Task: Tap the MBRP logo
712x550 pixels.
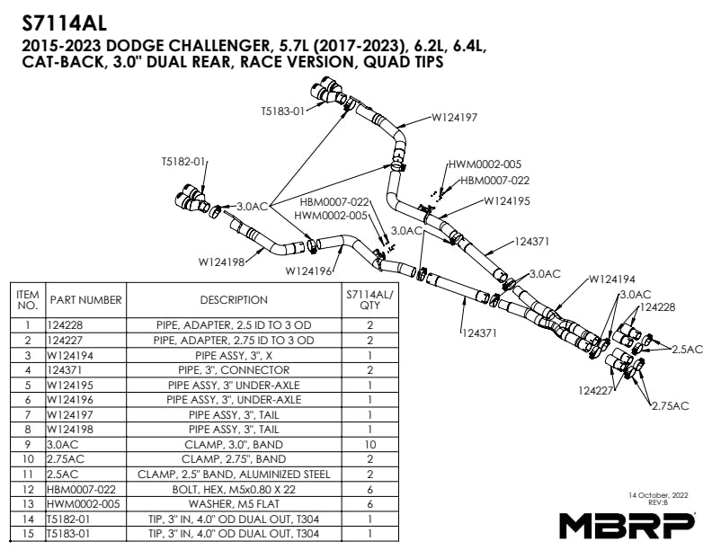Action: point(627,524)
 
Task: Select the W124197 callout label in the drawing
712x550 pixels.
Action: point(454,118)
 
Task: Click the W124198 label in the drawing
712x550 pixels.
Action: point(222,262)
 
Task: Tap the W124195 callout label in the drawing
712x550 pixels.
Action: point(507,201)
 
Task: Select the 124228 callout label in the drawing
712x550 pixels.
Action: point(658,307)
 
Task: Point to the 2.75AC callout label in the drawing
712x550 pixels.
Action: point(670,406)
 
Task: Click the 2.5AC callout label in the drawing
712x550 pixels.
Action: point(688,349)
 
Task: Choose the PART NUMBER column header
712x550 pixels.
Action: point(86,299)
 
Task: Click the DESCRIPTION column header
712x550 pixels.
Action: point(234,299)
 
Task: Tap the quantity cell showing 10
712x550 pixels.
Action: point(369,445)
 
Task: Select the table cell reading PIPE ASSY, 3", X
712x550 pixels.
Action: point(234,355)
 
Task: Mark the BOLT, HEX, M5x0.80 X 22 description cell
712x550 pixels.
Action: point(234,490)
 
